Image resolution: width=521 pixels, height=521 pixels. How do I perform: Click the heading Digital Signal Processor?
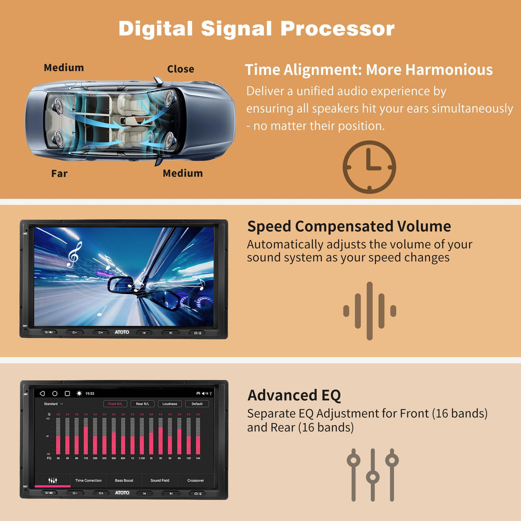pyautogui.click(x=256, y=29)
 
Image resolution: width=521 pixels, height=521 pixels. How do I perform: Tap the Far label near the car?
pyautogui.click(x=59, y=173)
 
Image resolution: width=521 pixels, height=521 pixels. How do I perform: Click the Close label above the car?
pyautogui.click(x=180, y=69)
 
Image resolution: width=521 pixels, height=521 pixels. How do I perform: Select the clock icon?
pyautogui.click(x=369, y=167)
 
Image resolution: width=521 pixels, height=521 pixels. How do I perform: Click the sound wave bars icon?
pyautogui.click(x=370, y=311)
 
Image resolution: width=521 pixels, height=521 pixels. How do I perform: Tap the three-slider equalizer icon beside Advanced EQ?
pyautogui.click(x=373, y=475)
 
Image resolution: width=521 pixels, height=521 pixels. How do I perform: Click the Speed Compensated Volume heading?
pyautogui.click(x=349, y=226)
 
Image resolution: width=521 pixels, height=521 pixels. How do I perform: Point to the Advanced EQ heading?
pyautogui.click(x=294, y=395)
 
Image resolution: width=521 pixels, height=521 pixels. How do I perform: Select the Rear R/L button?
pyautogui.click(x=142, y=404)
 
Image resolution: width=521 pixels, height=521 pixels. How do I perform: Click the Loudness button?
pyautogui.click(x=170, y=404)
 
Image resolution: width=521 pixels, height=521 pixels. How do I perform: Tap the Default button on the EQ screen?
pyautogui.click(x=197, y=404)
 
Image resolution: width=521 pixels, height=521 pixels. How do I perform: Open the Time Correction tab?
pyautogui.click(x=88, y=481)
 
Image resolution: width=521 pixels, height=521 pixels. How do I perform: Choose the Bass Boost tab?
pyautogui.click(x=124, y=481)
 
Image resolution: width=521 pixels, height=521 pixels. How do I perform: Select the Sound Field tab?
pyautogui.click(x=160, y=481)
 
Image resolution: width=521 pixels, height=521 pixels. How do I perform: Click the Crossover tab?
pyautogui.click(x=196, y=481)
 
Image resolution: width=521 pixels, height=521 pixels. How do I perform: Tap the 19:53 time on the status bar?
pyautogui.click(x=90, y=394)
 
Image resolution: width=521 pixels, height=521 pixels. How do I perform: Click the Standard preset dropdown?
pyautogui.click(x=53, y=404)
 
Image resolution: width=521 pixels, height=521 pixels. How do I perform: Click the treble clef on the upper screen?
pyautogui.click(x=74, y=254)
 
